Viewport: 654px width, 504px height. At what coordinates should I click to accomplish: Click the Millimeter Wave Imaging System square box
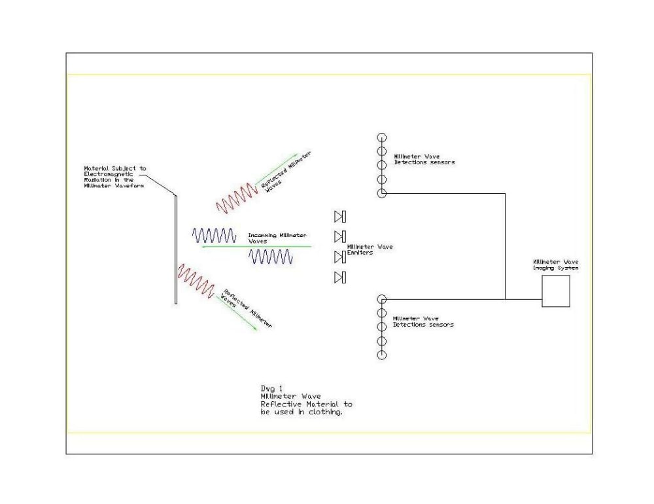(555, 291)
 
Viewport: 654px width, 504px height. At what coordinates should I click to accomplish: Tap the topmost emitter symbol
(339, 217)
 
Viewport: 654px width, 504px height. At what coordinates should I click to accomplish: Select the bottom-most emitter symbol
(339, 278)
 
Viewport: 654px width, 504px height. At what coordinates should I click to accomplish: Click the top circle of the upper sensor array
(382, 137)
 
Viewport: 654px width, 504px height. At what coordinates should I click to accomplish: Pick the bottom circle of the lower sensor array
(382, 355)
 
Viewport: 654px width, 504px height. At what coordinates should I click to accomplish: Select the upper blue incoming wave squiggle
(214, 235)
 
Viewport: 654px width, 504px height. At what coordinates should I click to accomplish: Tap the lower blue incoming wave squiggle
(270, 257)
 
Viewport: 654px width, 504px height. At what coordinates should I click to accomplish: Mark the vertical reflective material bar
(176, 249)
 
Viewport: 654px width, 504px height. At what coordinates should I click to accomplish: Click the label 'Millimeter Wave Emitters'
(370, 249)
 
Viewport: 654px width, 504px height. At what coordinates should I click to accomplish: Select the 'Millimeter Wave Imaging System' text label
(555, 264)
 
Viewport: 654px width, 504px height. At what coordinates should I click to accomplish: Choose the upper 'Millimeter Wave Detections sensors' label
(424, 159)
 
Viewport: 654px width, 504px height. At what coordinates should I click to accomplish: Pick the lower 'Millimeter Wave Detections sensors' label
(422, 321)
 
